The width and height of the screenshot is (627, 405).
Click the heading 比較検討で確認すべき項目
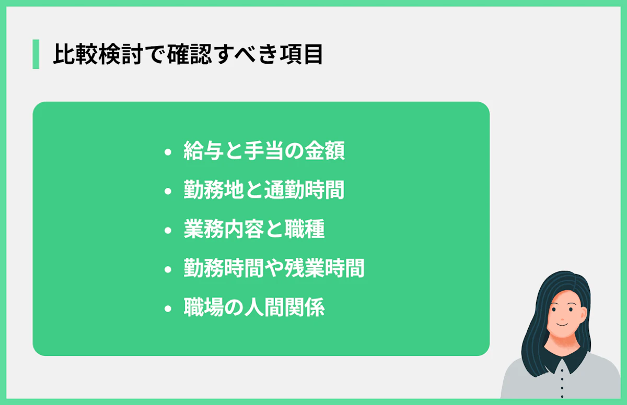point(188,55)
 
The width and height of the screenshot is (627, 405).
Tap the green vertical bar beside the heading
point(36,54)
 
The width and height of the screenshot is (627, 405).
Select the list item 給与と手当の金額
point(264,152)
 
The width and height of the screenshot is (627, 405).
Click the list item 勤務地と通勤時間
point(264,191)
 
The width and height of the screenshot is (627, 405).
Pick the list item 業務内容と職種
point(254,230)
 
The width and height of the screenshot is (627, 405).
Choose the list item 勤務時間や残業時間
point(274,269)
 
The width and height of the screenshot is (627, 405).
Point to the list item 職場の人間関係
point(254,308)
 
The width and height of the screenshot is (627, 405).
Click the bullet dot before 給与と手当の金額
point(168,153)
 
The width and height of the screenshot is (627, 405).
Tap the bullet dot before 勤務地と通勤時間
point(168,192)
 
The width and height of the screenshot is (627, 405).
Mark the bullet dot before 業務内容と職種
point(168,231)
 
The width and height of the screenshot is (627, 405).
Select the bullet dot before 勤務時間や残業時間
point(168,270)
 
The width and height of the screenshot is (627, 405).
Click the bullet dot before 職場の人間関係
point(168,309)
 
